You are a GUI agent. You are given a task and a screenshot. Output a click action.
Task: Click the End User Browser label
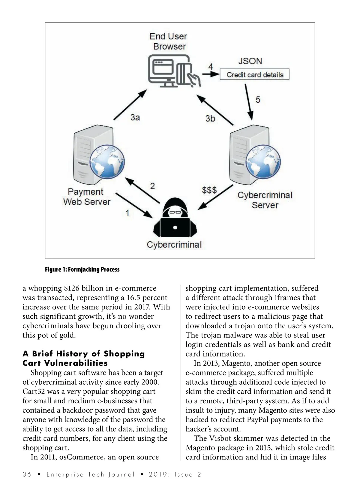click(x=168, y=41)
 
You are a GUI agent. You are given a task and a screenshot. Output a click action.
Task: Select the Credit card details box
click(x=255, y=74)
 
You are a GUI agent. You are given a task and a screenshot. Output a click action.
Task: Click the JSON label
click(x=250, y=61)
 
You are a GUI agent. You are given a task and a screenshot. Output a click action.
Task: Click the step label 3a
click(x=135, y=117)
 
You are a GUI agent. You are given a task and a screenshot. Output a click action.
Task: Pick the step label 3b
click(x=210, y=119)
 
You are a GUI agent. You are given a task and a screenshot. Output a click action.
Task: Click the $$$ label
click(x=209, y=190)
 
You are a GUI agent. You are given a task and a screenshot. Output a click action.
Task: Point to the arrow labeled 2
click(x=142, y=190)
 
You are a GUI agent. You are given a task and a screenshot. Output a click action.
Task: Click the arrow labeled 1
click(x=134, y=206)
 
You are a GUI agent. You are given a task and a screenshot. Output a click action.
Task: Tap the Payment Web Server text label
click(x=86, y=197)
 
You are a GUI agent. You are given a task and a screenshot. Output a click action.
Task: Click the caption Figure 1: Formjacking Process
click(x=82, y=269)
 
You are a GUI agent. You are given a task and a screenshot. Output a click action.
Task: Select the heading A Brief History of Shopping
click(x=84, y=354)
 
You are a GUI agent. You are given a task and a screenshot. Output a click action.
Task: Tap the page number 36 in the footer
click(x=27, y=474)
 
